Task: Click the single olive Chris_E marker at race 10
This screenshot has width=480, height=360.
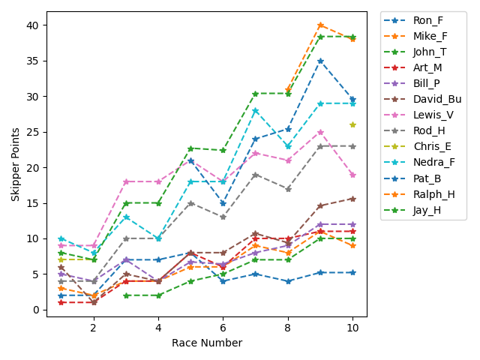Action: [x=352, y=125]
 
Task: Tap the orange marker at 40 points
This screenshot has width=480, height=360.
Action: [x=320, y=25]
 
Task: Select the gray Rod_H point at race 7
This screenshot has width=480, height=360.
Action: [x=256, y=175]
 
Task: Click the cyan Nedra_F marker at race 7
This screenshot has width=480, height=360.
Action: [x=256, y=111]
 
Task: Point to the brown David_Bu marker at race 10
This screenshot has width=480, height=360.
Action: [x=352, y=199]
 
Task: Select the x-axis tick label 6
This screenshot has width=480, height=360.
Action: [x=223, y=328]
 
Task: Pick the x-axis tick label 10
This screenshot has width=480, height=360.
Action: [x=352, y=328]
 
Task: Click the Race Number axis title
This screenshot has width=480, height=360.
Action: [x=207, y=343]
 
